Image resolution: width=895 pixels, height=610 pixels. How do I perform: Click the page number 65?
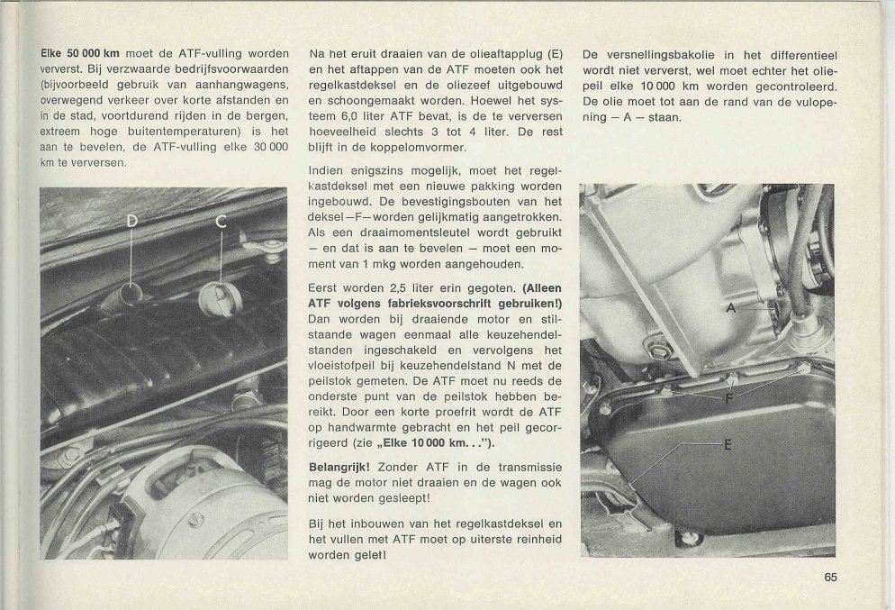tap(830, 578)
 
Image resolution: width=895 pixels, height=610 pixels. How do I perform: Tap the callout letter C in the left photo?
tap(222, 222)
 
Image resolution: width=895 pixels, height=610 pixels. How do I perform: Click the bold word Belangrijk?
tap(339, 469)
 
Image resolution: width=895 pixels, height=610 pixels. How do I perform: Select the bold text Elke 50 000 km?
tap(79, 53)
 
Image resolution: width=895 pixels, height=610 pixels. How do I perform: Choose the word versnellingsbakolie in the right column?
tap(652, 53)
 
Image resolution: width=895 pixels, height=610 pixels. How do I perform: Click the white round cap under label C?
tap(217, 296)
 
